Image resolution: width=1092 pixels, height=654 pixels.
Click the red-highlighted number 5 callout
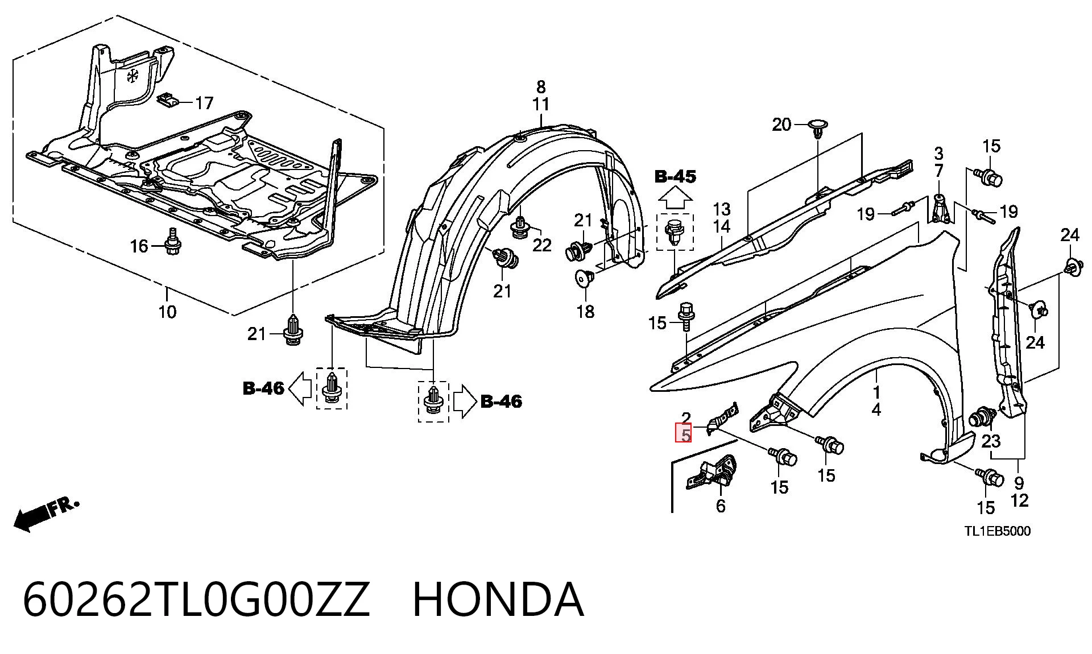coord(684,433)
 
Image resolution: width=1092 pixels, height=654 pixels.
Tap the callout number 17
coord(204,103)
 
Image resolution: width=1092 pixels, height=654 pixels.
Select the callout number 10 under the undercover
coord(167,312)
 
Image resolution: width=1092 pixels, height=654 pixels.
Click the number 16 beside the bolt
coord(139,246)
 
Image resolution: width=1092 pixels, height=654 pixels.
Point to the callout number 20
coord(781,125)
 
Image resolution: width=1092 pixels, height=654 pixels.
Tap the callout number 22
coord(541,245)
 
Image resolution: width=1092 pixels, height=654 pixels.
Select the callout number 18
coord(585,312)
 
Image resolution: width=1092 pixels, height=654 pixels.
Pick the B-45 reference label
coord(675,177)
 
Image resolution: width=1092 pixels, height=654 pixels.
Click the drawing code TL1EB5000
coord(997,531)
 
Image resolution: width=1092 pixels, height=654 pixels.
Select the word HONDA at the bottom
coord(498,599)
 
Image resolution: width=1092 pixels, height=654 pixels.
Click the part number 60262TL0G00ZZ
coord(196,599)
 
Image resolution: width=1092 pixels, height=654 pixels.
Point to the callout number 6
coord(721,506)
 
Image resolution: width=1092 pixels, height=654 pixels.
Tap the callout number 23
coord(991,441)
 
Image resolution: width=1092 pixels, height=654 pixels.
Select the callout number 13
coord(721,209)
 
